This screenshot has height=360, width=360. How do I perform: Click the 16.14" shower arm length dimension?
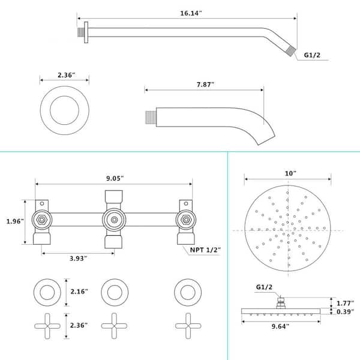[191, 13]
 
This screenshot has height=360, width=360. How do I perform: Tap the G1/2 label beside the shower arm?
[312, 55]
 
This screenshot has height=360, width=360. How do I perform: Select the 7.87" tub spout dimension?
[205, 85]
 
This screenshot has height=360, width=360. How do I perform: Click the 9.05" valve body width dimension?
[115, 178]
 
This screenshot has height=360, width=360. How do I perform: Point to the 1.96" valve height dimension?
[15, 221]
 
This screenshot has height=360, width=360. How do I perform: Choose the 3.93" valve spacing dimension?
[78, 258]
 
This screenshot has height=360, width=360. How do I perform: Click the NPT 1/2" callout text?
[205, 250]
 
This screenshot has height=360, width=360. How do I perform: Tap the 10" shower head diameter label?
[290, 173]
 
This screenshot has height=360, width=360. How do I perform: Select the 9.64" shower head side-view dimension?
[280, 326]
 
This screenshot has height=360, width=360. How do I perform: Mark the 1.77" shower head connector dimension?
[346, 303]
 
